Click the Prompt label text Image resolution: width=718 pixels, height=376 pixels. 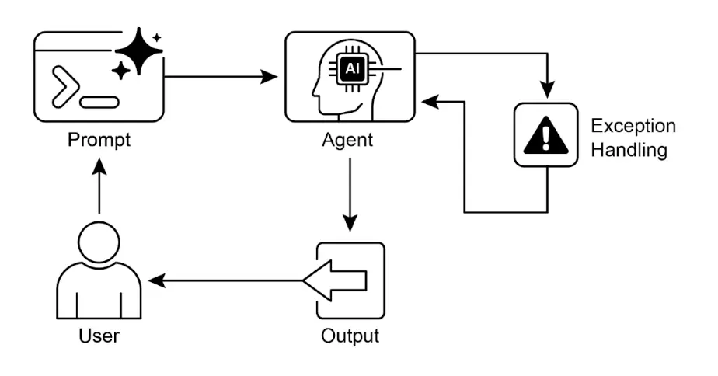[99, 142]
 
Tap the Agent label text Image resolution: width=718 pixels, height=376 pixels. [347, 142]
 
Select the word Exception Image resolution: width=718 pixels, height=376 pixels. [633, 126]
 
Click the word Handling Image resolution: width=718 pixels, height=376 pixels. [629, 150]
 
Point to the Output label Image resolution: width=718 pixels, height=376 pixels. [350, 337]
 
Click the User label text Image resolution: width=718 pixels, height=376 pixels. [99, 337]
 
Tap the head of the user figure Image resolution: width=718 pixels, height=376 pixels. [99, 242]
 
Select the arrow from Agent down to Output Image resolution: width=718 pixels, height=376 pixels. [350, 194]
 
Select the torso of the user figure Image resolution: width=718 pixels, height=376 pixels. [99, 291]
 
